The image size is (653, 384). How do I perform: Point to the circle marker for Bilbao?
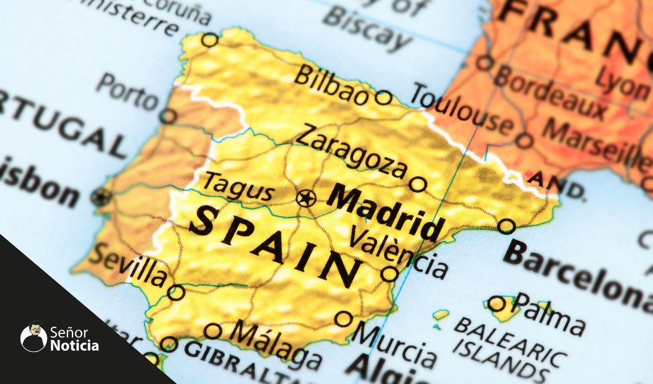pyautogui.click(x=383, y=98)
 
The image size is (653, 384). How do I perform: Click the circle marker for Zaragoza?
pyautogui.click(x=417, y=184)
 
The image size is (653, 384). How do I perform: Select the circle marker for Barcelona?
pyautogui.click(x=506, y=226)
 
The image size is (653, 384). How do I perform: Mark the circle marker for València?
pyautogui.click(x=389, y=274)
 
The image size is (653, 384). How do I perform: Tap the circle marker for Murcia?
pyautogui.click(x=343, y=319)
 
